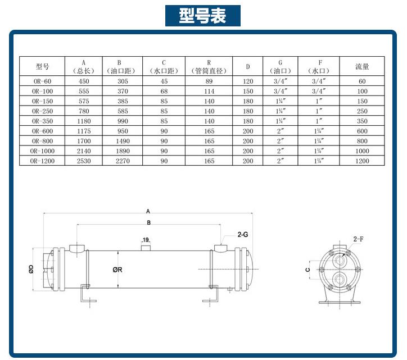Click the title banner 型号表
coord(203,16)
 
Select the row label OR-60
coord(43,81)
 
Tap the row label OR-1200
coord(43,161)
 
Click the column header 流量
coord(362,66)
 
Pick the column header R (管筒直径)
coord(209,66)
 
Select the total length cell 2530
coord(83,161)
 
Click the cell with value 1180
coord(83,121)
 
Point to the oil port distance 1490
coord(122,141)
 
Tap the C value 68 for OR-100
coord(164,91)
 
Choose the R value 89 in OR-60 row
coord(209,81)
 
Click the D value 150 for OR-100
coord(247,91)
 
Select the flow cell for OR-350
coord(362,121)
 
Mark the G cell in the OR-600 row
coord(280,131)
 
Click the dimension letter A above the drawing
coord(148,212)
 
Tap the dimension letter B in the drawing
coord(148,223)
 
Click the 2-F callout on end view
coord(358,239)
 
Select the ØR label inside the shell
coord(117,270)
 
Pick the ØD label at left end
coord(31,270)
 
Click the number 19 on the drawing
coord(146,240)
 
